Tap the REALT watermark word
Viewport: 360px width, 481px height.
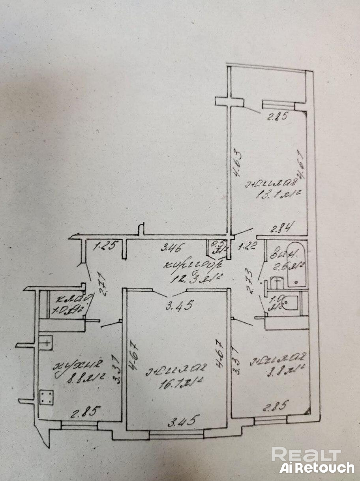pyautogui.click(x=306, y=455)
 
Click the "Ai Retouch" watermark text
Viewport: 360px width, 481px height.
pyautogui.click(x=317, y=468)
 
